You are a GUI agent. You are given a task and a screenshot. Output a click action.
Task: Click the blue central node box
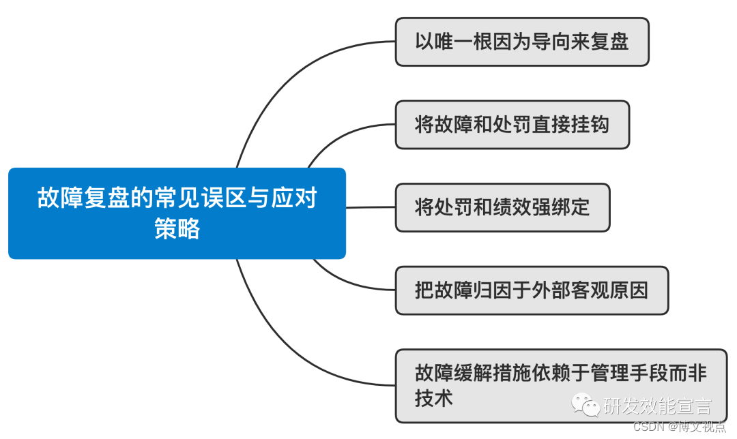pyautogui.click(x=177, y=213)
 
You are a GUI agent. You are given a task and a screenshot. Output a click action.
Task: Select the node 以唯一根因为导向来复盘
pyautogui.click(x=521, y=42)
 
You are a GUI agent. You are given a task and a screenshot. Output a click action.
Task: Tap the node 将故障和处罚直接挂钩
pyautogui.click(x=512, y=125)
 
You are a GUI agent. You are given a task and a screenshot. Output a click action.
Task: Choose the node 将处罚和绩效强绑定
pyautogui.click(x=502, y=207)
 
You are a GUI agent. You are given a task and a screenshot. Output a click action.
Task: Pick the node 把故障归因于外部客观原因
pyautogui.click(x=532, y=290)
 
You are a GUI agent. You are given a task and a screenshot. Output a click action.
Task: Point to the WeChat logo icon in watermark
pyautogui.click(x=586, y=406)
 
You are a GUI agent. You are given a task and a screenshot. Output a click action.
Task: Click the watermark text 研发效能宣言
pyautogui.click(x=657, y=407)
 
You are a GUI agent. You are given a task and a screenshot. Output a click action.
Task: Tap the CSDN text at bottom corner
pyautogui.click(x=649, y=427)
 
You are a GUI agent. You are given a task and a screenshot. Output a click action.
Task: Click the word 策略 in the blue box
pyautogui.click(x=177, y=229)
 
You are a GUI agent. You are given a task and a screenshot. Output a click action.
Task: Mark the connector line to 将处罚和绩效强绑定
pyautogui.click(x=371, y=207)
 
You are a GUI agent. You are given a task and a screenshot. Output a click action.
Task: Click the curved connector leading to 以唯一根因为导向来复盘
pyautogui.click(x=287, y=75)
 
